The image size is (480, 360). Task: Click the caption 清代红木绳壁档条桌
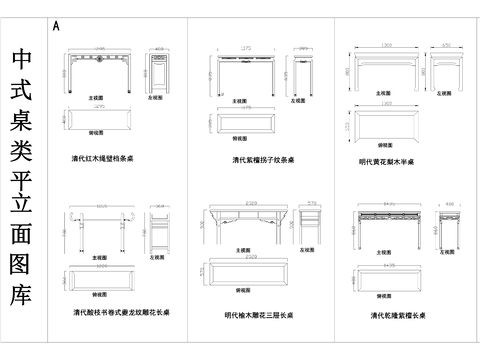tap(110, 158)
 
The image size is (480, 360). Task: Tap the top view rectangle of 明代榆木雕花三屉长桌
tap(246, 272)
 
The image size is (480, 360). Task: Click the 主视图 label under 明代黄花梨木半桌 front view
tap(385, 92)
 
